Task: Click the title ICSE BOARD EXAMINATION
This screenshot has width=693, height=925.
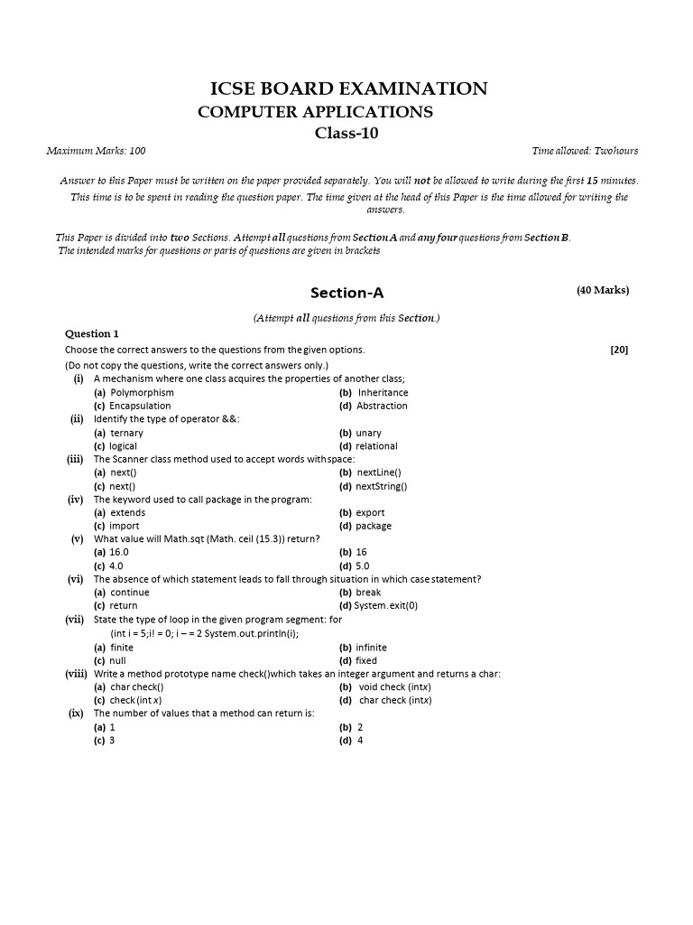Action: click(x=348, y=89)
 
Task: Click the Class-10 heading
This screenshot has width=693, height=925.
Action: click(x=347, y=134)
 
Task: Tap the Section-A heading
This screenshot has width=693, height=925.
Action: click(x=346, y=293)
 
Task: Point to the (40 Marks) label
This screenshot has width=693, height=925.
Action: click(x=603, y=290)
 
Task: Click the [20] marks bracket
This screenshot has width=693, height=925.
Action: click(x=619, y=350)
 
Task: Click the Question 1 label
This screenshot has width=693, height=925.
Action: click(x=91, y=334)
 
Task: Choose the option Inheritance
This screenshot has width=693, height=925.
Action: click(x=383, y=393)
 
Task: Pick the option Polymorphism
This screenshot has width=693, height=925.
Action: click(x=142, y=393)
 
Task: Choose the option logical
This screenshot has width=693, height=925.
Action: click(x=124, y=446)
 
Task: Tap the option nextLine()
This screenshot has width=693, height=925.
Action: click(x=379, y=472)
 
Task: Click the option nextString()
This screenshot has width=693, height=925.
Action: click(x=382, y=486)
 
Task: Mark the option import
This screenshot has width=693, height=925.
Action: click(x=125, y=526)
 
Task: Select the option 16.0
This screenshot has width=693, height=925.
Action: click(x=119, y=552)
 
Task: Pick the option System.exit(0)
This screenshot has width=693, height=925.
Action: click(x=386, y=606)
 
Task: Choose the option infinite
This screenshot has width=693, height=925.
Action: click(x=371, y=648)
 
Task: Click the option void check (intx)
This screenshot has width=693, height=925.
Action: click(x=394, y=687)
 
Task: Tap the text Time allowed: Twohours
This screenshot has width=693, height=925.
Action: click(x=585, y=151)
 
